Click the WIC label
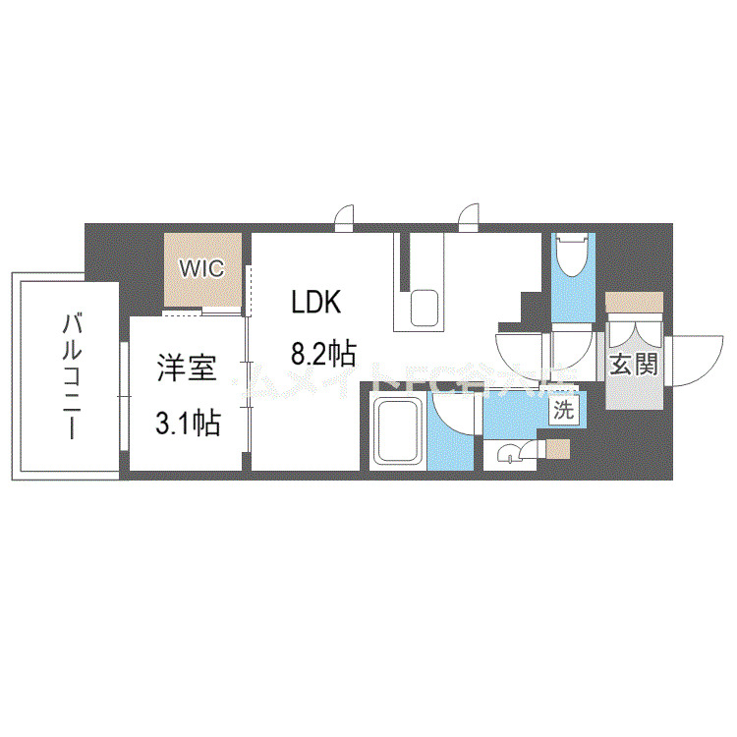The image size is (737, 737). tap(201, 267)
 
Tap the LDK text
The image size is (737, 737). tap(315, 303)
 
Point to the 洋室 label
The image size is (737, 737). tap(186, 369)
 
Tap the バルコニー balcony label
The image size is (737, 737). tap(70, 376)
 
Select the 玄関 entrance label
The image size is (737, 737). tap(633, 366)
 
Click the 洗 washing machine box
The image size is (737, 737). tap(562, 411)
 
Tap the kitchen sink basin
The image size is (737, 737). tap(425, 309)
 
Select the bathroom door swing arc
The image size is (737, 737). tap(454, 418)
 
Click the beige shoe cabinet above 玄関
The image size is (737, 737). tap(633, 303)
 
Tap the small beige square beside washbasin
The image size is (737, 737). tap(557, 449)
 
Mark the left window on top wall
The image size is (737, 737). tap(344, 217)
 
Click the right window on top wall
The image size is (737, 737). tap(470, 217)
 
